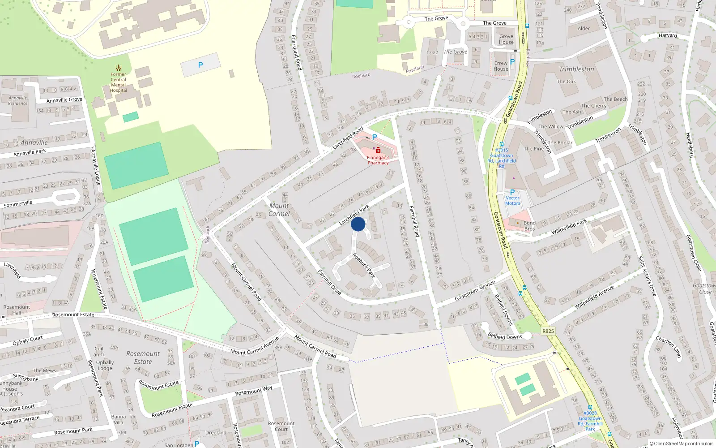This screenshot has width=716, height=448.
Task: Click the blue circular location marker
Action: [x=358, y=224]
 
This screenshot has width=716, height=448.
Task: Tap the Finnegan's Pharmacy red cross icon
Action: [x=378, y=151]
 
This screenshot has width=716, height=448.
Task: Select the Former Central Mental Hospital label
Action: [x=119, y=82]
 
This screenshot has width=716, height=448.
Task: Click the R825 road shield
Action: [x=548, y=331]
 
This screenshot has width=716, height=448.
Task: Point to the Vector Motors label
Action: [x=512, y=201]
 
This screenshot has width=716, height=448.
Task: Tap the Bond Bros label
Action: [x=529, y=226]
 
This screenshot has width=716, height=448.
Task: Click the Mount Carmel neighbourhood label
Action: [x=279, y=210]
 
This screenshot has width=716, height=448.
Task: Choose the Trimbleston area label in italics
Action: [x=576, y=69]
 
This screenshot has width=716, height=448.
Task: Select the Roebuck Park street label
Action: [x=363, y=265]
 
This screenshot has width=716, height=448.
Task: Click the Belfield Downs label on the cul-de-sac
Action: [x=505, y=336]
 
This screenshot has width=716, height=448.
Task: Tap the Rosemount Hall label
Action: [x=17, y=310]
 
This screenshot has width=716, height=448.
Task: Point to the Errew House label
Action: [x=501, y=66]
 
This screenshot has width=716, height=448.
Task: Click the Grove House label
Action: [x=506, y=39]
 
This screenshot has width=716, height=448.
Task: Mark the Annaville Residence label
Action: [x=18, y=100]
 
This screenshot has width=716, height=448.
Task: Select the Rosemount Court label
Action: [x=281, y=426]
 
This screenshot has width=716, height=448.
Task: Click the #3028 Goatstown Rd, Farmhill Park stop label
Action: [x=590, y=421]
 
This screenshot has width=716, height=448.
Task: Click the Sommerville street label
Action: [x=18, y=204]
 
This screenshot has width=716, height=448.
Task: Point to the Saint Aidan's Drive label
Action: [x=647, y=276]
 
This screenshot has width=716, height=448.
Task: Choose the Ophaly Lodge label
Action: [x=105, y=365]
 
